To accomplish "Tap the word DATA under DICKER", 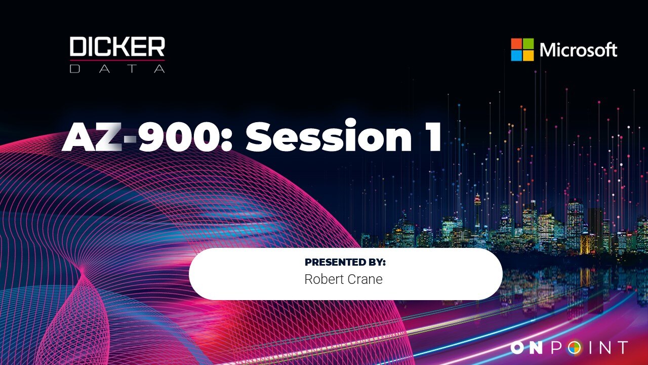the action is pos(117,68).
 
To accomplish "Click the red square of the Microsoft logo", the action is pos(516,44).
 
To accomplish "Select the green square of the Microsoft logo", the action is pos(528,44).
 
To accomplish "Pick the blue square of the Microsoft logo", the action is pos(516,55).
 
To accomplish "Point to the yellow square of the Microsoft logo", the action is pos(528,55).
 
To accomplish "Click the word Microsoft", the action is pos(578,50).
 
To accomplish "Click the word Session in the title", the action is pos(329,135).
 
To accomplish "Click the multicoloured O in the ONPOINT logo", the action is pos(574,348).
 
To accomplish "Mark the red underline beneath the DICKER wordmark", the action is pos(117,60).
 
